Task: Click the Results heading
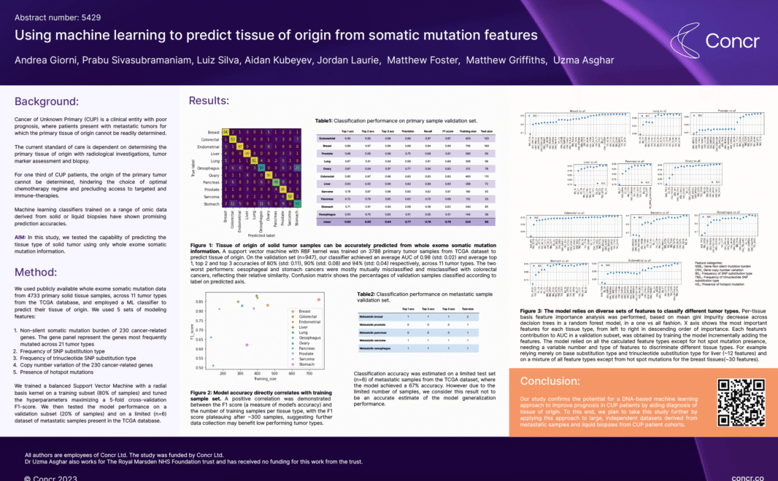click(x=209, y=101)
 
